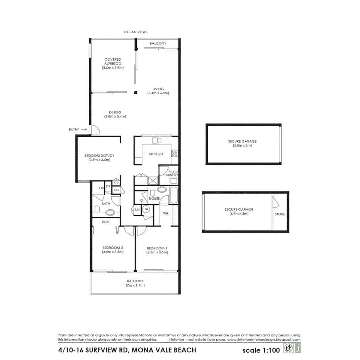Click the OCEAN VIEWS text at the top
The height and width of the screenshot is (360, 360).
tap(135, 32)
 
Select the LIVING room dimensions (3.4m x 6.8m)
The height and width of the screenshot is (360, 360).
tap(158, 93)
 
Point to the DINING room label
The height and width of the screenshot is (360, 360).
tap(115, 112)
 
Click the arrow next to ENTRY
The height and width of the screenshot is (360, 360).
tap(84, 130)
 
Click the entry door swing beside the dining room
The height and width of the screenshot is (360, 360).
tap(95, 130)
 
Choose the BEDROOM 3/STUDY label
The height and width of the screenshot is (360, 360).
tap(99, 156)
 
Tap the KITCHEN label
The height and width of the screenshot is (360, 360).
tap(156, 154)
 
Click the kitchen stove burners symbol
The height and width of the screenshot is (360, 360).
tap(175, 153)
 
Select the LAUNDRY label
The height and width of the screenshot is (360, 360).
tap(170, 175)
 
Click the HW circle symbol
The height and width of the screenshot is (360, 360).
tap(146, 209)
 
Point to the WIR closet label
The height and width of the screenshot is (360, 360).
tap(166, 213)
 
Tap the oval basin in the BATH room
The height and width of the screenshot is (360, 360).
tap(110, 212)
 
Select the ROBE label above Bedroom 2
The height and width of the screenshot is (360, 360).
tap(105, 222)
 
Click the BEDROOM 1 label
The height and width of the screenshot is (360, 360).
tap(157, 248)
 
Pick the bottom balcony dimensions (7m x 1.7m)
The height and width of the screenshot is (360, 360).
tap(135, 285)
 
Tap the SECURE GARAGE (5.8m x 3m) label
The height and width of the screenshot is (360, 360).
tap(242, 144)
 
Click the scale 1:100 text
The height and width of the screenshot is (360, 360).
tap(260, 351)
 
